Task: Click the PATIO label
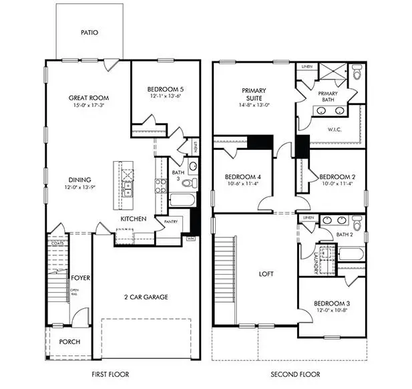[90, 31]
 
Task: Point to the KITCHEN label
[133, 219]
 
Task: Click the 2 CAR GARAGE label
[146, 296]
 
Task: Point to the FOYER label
[81, 277]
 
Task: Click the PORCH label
[69, 342]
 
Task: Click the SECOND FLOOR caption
[295, 374]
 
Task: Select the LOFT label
[266, 274]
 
